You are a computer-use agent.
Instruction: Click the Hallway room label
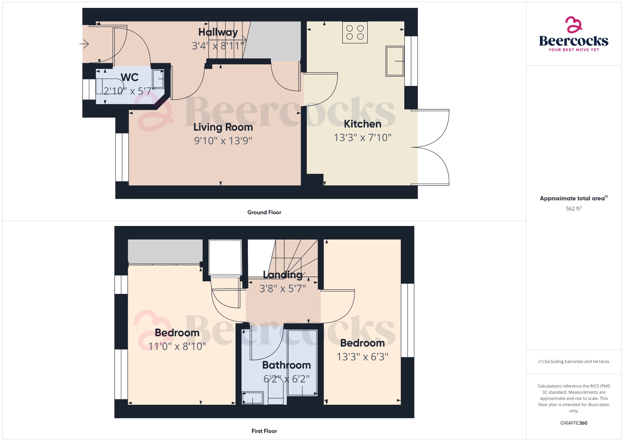[x=218, y=32]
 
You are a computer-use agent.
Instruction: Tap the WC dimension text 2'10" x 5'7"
[x=129, y=91]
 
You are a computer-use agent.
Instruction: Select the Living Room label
[x=223, y=127]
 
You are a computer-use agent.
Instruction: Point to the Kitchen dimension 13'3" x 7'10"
[x=363, y=138]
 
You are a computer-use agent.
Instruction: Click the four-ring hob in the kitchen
[x=355, y=32]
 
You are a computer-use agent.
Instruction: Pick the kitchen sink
[x=395, y=61]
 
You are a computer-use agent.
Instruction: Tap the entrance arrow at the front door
[x=84, y=44]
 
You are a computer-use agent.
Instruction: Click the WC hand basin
[x=158, y=79]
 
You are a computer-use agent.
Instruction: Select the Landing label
[x=283, y=275]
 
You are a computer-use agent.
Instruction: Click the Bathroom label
[x=286, y=365]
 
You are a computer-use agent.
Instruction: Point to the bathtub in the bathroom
[x=302, y=362]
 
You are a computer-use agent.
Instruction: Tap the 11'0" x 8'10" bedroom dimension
[x=177, y=346]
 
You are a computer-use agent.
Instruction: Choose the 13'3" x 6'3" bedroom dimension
[x=363, y=357]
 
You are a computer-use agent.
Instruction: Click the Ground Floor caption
[x=264, y=212]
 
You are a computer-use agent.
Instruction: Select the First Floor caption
[x=264, y=431]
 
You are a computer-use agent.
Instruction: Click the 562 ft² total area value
[x=574, y=209]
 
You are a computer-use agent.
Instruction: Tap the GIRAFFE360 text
[x=574, y=423]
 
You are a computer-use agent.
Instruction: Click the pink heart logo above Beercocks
[x=574, y=25]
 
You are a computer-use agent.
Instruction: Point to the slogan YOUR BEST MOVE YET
[x=574, y=50]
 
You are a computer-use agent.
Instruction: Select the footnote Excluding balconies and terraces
[x=574, y=362]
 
